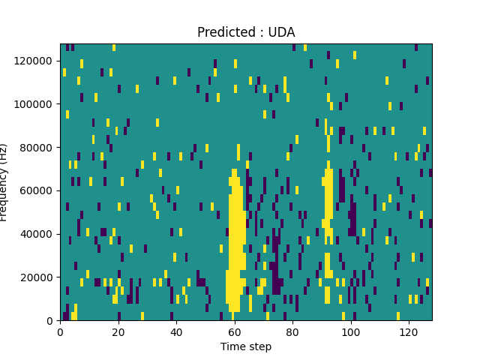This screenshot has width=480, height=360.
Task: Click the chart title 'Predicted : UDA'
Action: tap(246, 32)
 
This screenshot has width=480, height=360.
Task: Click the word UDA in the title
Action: tap(282, 32)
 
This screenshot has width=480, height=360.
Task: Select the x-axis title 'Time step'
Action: tap(246, 346)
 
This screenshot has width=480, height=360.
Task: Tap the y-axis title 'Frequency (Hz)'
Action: tap(4, 182)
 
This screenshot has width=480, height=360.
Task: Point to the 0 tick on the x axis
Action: tap(60, 331)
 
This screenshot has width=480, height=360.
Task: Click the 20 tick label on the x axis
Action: tap(118, 331)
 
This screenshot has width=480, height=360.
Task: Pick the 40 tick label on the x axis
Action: tap(176, 331)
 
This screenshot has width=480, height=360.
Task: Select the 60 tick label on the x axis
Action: tap(234, 331)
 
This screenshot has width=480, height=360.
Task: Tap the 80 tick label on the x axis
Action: tap(292, 331)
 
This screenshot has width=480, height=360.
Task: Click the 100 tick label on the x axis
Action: tap(350, 331)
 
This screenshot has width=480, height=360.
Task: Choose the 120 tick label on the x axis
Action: tap(408, 331)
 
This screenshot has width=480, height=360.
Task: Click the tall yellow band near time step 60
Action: tap(235, 240)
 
